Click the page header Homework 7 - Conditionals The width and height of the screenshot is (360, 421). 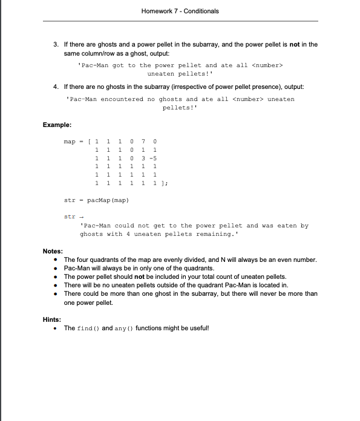coord(180,11)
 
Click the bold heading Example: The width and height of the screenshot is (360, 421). coord(57,125)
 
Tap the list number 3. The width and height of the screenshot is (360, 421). coord(56,44)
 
